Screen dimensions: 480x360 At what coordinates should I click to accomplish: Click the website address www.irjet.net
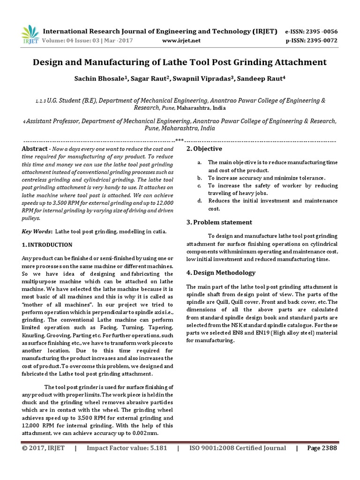point(181,41)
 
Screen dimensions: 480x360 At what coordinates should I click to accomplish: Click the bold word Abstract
point(35,149)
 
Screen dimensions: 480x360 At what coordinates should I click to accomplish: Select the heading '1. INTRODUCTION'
point(47,245)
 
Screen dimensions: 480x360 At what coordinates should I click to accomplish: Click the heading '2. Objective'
point(204,149)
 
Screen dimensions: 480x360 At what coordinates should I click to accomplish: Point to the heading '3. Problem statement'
point(219,222)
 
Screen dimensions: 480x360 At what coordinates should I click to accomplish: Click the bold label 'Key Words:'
point(37,232)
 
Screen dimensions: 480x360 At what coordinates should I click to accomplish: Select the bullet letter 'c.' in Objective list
point(199,186)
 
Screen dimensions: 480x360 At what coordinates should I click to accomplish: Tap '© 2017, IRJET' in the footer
point(44,448)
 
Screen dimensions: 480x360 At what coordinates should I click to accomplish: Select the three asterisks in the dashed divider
point(180,140)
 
